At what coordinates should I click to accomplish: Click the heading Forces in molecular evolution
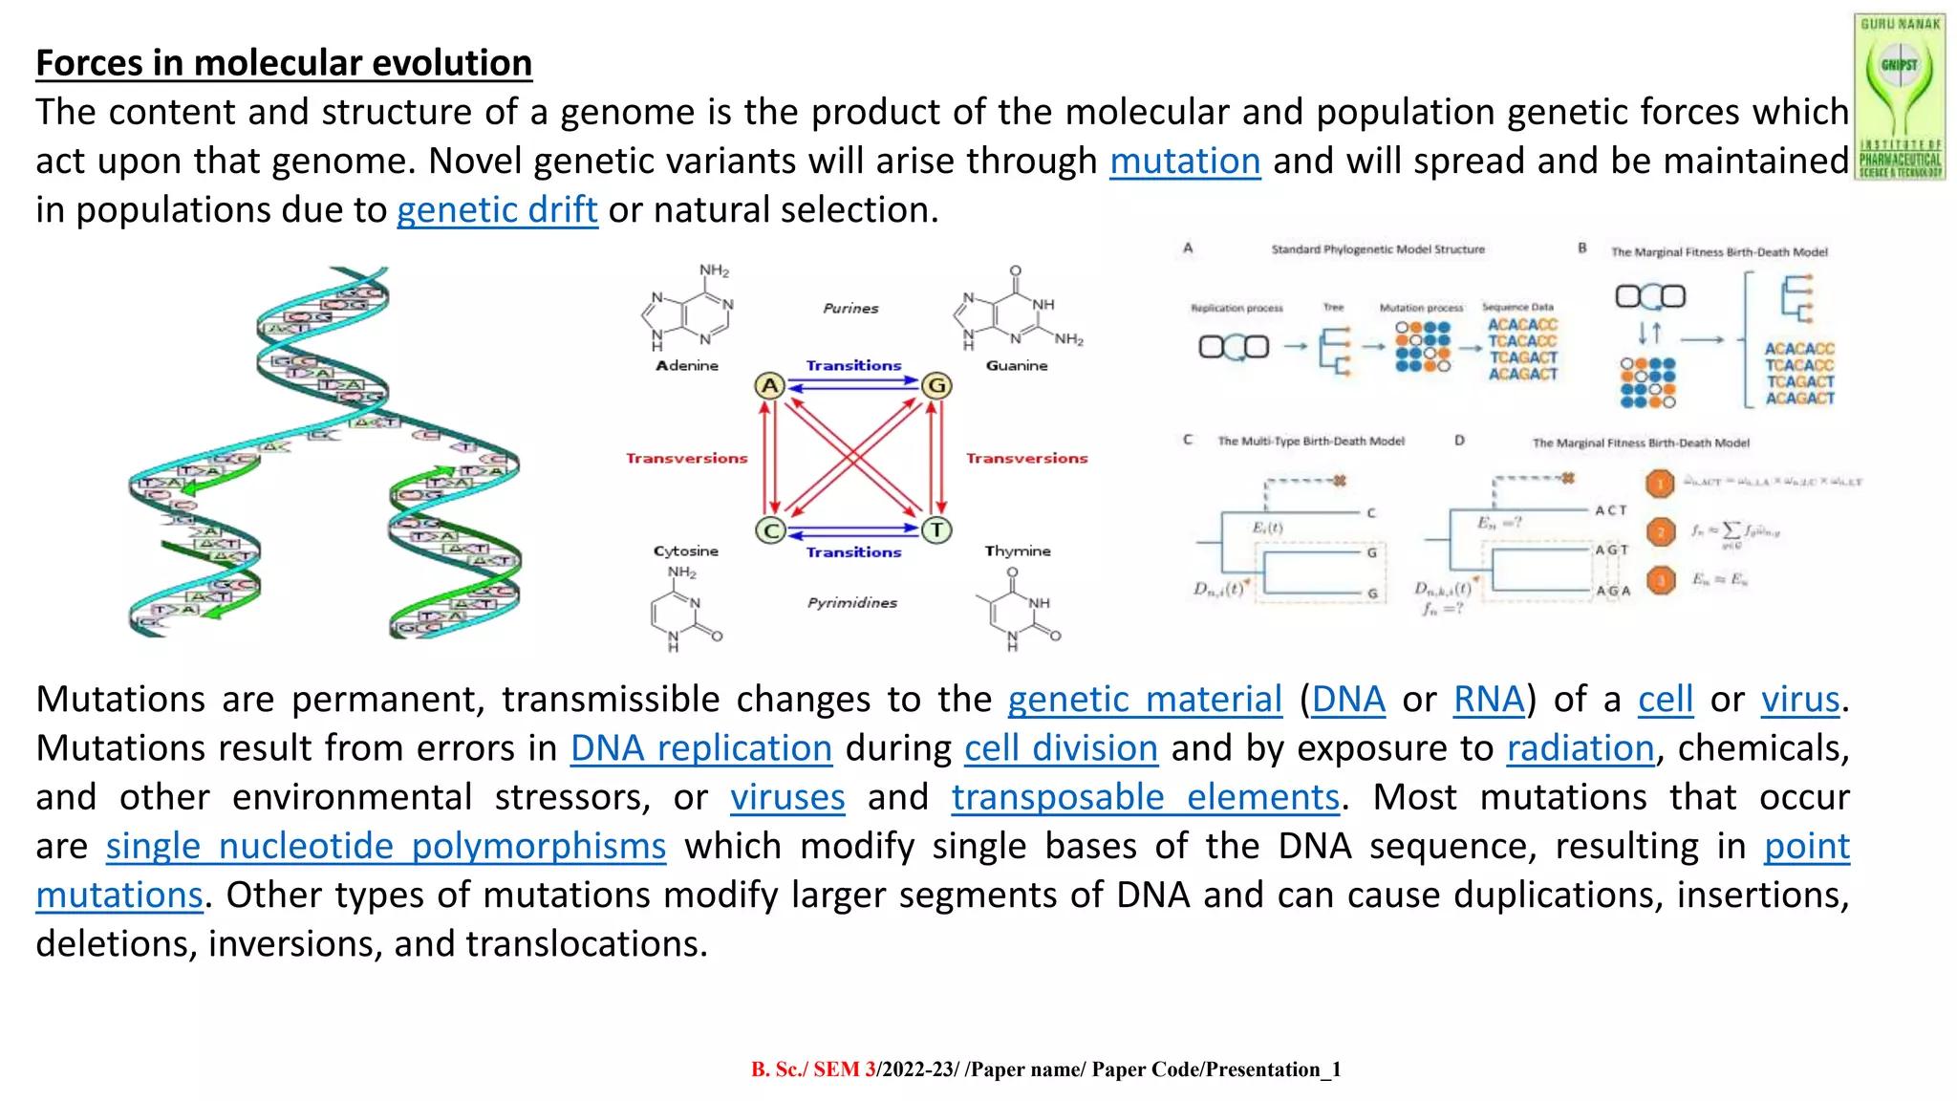coord(284,63)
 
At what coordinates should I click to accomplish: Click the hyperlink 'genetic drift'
coord(497,210)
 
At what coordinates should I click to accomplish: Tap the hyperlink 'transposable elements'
coord(1145,797)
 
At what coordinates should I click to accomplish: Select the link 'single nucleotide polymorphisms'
coord(385,847)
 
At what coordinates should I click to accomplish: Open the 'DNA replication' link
coord(700,748)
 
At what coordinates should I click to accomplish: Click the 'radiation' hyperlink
coord(1580,748)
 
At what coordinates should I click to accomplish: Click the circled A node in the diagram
coord(769,385)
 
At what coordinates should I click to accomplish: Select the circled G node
coord(936,385)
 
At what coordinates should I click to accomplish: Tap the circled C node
coord(770,530)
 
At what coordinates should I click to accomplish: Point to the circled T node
coord(936,529)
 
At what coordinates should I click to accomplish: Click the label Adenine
coord(686,366)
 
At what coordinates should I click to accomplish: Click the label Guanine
coord(1017,366)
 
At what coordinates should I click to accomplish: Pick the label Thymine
coord(1018,551)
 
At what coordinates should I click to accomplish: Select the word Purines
coord(850,309)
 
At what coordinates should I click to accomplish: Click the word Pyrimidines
coord(851,603)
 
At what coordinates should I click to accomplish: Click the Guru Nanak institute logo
coord(1899,96)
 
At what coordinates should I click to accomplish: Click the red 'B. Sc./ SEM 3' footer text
coord(812,1069)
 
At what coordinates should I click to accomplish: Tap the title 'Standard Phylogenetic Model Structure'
coord(1377,249)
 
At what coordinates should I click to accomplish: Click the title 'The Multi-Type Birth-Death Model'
coord(1310,442)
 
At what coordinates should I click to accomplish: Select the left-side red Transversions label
coord(686,459)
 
